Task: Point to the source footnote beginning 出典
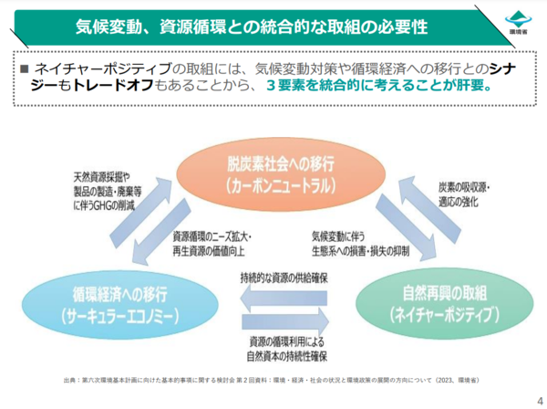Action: tap(273, 379)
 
